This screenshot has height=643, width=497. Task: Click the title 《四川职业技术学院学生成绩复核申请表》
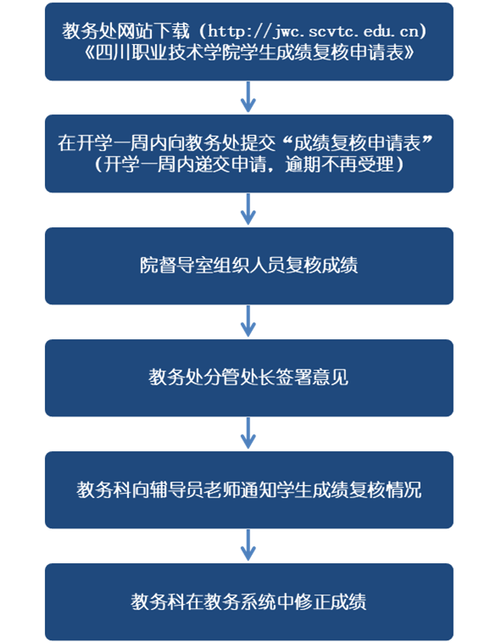(x=248, y=53)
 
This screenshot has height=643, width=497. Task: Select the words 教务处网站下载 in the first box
(x=126, y=31)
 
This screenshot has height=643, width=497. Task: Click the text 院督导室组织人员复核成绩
(x=248, y=265)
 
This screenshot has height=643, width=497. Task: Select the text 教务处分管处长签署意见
(x=248, y=377)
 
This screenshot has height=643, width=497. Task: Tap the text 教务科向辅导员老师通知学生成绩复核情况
(x=248, y=489)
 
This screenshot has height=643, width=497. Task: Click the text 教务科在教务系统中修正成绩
(x=248, y=601)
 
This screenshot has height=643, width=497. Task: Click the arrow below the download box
(x=248, y=97)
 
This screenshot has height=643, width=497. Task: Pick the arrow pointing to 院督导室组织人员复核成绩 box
(x=248, y=210)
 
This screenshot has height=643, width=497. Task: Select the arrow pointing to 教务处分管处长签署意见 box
(x=248, y=321)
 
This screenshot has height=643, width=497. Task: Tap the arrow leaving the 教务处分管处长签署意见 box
(x=248, y=433)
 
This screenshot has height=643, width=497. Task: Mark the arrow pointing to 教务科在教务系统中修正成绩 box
(x=248, y=545)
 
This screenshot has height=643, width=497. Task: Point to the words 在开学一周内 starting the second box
(x=112, y=143)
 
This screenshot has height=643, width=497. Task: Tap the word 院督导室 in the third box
(x=176, y=265)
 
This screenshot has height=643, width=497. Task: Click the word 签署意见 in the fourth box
(x=312, y=377)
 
